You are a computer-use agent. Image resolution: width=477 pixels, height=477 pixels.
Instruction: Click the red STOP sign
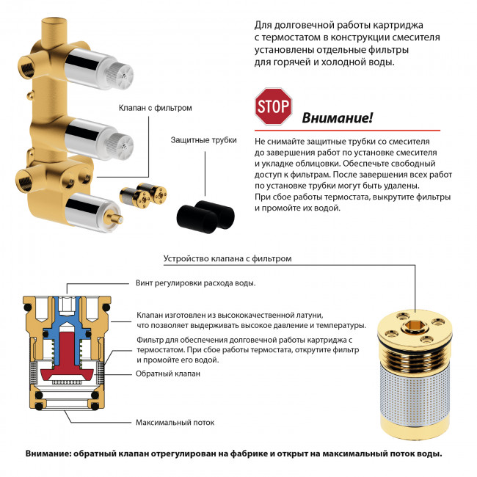coord(273,107)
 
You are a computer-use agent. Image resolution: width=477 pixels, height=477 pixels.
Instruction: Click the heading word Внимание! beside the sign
coord(338,118)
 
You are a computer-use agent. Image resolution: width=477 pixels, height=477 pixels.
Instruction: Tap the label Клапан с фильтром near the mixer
coord(155,108)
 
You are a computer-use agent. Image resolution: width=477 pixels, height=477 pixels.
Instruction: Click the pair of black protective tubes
coord(205,211)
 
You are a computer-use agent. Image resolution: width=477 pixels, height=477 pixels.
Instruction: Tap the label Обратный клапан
coord(168,374)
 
